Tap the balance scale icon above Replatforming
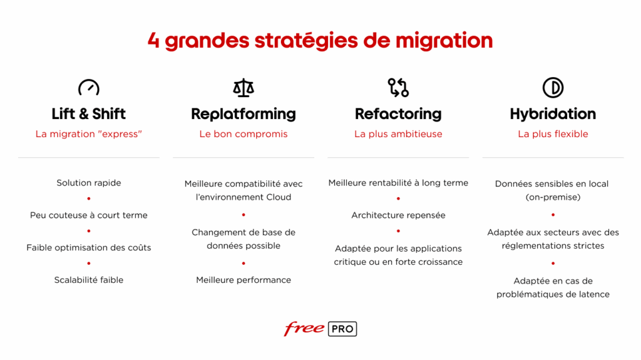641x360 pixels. [x=244, y=88]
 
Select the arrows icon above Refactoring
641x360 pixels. [x=398, y=88]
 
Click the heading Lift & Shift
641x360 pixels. [x=89, y=114]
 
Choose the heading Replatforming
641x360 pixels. [x=244, y=114]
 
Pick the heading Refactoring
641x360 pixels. [x=398, y=114]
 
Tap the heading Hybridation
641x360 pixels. [x=553, y=114]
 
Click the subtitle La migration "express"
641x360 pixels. [x=89, y=134]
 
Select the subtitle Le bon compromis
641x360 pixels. [x=244, y=134]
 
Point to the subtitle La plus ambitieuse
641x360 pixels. [x=398, y=134]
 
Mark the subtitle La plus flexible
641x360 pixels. [x=553, y=134]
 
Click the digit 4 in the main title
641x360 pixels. [x=153, y=41]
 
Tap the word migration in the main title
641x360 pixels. [x=444, y=41]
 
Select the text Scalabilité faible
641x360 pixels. [x=89, y=280]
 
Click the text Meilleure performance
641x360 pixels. [x=244, y=280]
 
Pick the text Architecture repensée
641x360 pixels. [x=398, y=215]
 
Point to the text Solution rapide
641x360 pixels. [x=89, y=183]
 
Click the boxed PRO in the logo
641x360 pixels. [x=342, y=329]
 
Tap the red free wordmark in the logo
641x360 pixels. [x=304, y=329]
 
